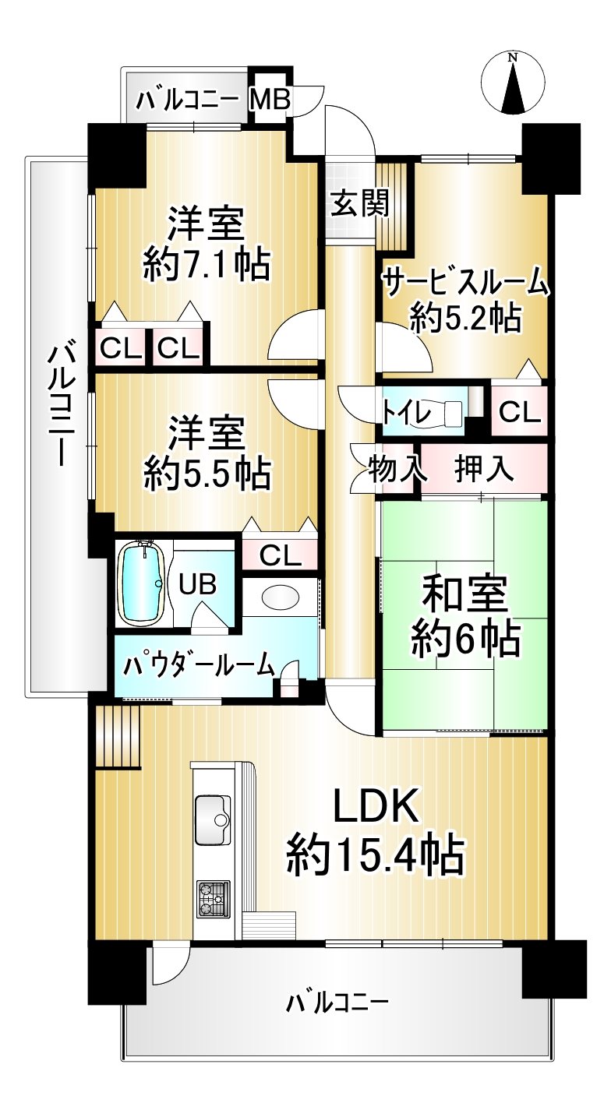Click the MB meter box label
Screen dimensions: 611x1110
270,100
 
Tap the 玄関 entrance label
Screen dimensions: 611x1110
359,203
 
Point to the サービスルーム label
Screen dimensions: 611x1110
466,284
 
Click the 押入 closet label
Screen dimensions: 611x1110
484,468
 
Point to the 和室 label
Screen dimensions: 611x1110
464,594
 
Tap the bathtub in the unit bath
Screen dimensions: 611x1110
143,582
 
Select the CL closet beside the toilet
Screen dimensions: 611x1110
519,412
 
